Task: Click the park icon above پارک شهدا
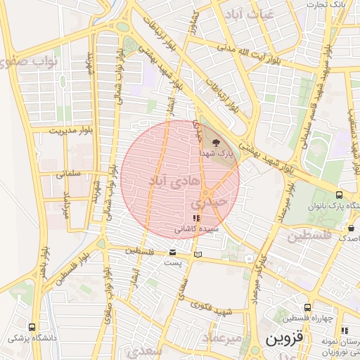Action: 215,141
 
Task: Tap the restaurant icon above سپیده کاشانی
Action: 195,219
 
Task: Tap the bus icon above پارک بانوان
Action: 340,195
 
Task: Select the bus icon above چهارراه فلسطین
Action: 307,308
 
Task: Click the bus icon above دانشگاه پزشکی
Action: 32,327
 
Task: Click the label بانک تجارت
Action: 328,5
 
